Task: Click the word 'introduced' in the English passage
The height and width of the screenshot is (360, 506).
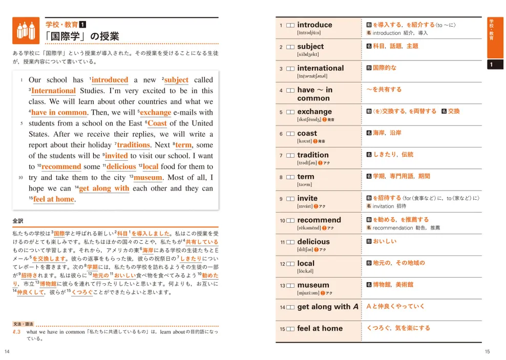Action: pyautogui.click(x=110, y=80)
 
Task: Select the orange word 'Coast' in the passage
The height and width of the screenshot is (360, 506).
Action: pyautogui.click(x=157, y=123)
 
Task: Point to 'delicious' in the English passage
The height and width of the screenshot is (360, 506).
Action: pyautogui.click(x=121, y=166)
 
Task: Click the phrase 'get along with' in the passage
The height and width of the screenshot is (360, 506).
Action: pyautogui.click(x=104, y=188)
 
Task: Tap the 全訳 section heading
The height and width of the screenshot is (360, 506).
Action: pyautogui.click(x=18, y=221)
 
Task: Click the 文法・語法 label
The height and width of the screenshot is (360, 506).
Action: pyautogui.click(x=24, y=324)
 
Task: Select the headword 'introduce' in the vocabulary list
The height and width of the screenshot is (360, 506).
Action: pyautogui.click(x=314, y=25)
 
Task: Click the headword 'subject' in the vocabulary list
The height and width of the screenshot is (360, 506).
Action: pyautogui.click(x=310, y=46)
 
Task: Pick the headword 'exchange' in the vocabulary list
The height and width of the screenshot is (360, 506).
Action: pyautogui.click(x=314, y=112)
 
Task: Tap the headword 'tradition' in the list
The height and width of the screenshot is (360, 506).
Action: pyautogui.click(x=313, y=155)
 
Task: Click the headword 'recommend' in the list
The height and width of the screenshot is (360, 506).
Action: pyautogui.click(x=319, y=220)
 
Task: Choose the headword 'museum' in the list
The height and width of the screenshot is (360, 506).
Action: pyautogui.click(x=313, y=285)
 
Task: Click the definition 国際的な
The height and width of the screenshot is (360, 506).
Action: pyautogui.click(x=384, y=68)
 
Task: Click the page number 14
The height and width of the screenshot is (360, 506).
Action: pyautogui.click(x=7, y=351)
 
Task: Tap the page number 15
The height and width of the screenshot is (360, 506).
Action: pyautogui.click(x=487, y=351)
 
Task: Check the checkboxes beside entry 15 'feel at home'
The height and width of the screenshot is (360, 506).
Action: pyautogui.click(x=290, y=329)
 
